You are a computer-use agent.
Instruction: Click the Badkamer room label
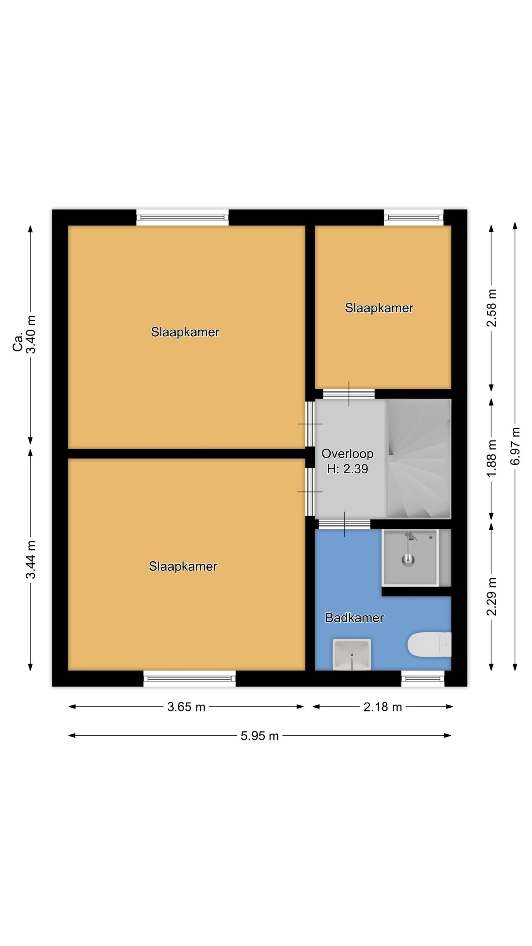(354, 617)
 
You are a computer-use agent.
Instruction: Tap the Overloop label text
(347, 454)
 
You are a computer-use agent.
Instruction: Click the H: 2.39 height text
(347, 469)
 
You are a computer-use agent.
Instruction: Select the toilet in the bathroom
(429, 644)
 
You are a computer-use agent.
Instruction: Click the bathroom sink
(352, 654)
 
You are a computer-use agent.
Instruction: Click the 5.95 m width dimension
(259, 736)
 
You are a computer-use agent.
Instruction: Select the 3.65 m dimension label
(186, 707)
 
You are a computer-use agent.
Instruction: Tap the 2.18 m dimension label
(382, 707)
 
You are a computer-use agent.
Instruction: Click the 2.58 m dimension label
(492, 307)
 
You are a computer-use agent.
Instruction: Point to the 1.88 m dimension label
(492, 458)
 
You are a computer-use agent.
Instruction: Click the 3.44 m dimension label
(31, 559)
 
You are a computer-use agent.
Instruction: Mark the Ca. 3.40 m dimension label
(24, 334)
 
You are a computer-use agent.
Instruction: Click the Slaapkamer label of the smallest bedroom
(379, 308)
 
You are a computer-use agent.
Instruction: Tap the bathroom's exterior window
(423, 678)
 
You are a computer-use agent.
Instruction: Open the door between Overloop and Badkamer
(344, 524)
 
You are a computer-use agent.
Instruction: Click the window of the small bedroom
(413, 217)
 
